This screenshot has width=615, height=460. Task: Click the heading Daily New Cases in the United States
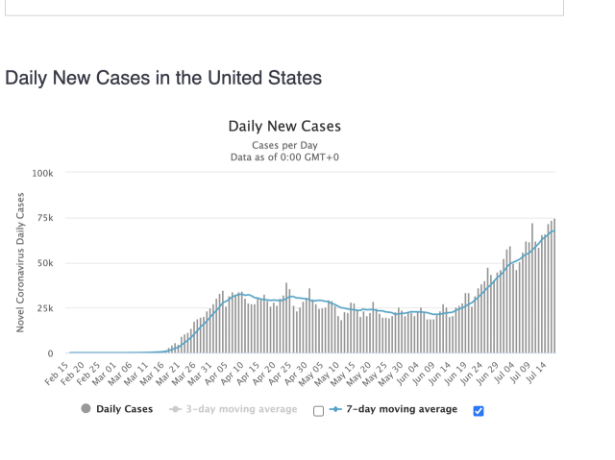[163, 77]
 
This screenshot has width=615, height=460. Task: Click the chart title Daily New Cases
[284, 126]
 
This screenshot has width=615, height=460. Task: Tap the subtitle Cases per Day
[284, 144]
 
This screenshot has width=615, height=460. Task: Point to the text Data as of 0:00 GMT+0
[284, 157]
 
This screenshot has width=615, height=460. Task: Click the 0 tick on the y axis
[53, 353]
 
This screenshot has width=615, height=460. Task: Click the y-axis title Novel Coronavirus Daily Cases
[20, 262]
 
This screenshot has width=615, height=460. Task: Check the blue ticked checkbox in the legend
[479, 411]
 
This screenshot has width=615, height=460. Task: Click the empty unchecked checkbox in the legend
[318, 411]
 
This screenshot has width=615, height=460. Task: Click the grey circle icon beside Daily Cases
[86, 409]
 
